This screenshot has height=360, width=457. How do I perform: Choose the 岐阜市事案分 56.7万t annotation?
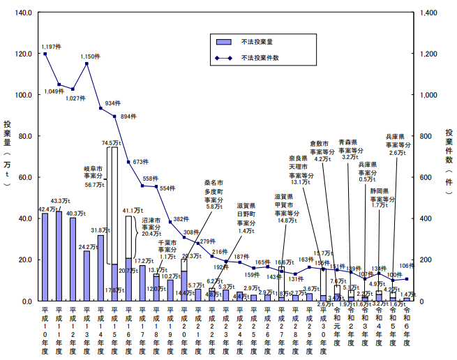click(x=93, y=177)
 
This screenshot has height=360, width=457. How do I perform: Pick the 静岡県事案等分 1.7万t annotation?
click(x=384, y=197)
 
